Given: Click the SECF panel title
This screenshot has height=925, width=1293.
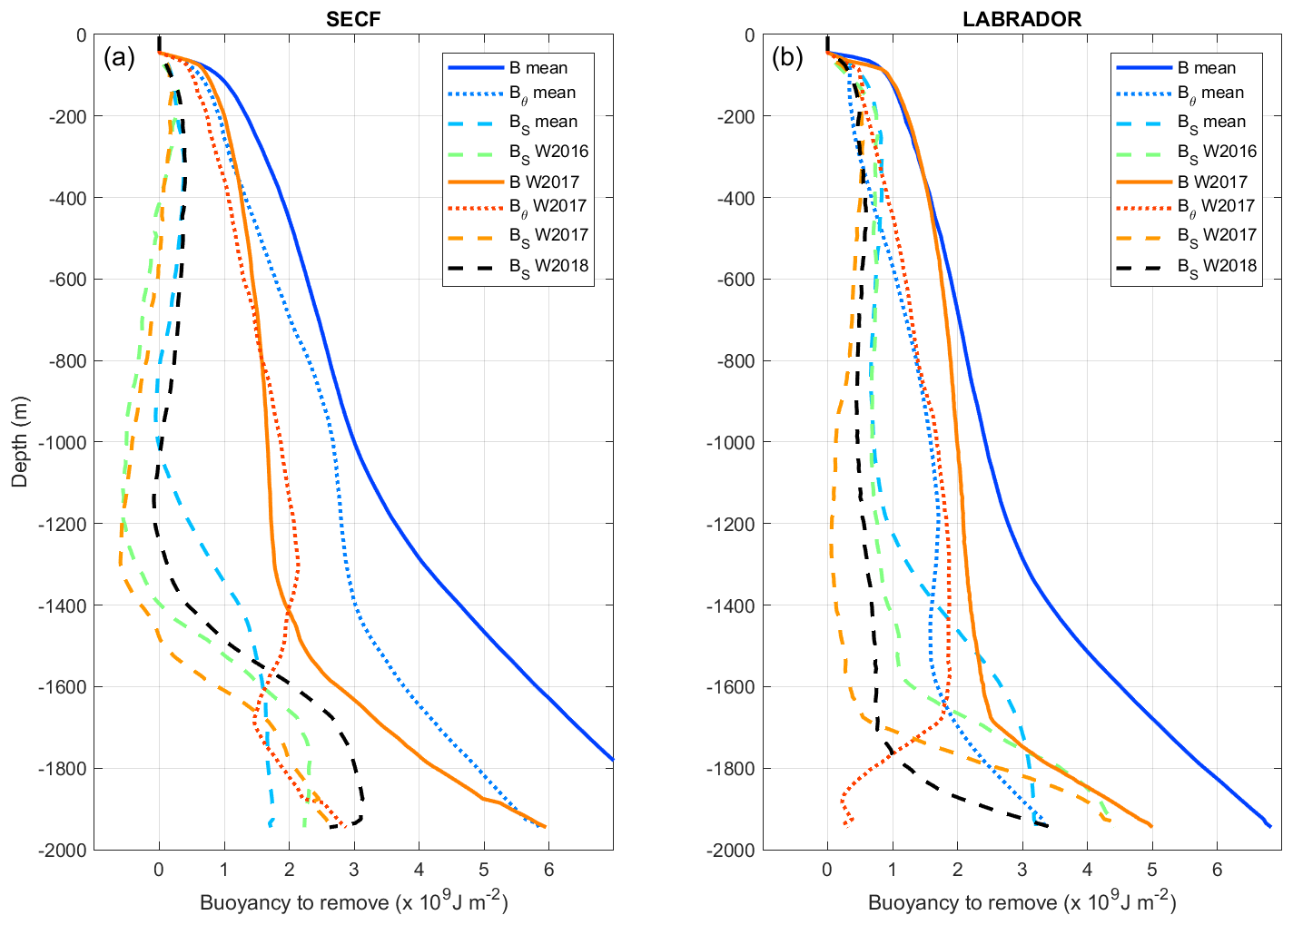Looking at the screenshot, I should (x=353, y=19).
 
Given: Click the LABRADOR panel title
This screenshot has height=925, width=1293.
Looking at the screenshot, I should (x=1022, y=19).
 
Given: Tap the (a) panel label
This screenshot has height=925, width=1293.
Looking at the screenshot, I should (x=119, y=58).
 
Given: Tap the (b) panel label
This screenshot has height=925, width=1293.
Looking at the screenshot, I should (x=787, y=58).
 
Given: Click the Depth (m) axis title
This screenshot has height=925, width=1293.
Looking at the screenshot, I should (x=20, y=441).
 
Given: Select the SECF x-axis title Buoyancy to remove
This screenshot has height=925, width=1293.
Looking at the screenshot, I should (x=353, y=902).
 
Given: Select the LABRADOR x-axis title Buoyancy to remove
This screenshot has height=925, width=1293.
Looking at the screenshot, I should (x=1022, y=902).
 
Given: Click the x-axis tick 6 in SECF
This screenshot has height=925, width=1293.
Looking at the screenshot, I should (x=548, y=869).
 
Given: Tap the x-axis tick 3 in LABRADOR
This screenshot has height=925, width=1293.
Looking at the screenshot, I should (x=1022, y=869).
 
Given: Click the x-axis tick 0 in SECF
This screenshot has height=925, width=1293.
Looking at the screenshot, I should (x=159, y=869).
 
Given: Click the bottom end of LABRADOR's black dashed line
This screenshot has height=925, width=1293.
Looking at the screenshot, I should (x=1047, y=825).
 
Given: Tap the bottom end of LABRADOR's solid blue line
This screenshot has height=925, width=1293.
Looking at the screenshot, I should (x=1269, y=826).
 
